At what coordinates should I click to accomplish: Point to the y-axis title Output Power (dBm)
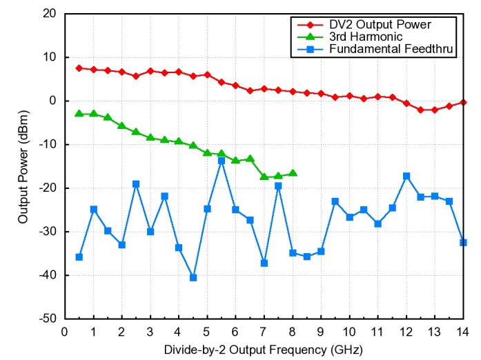(x=23, y=166)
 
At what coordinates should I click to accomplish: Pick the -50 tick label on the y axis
(x=48, y=319)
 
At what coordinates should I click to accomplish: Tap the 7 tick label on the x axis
(x=264, y=330)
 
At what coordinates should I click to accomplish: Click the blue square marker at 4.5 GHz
(x=193, y=277)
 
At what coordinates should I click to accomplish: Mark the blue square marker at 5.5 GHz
(x=222, y=161)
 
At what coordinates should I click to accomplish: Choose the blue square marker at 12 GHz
(x=406, y=176)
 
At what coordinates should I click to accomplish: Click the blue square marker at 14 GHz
(x=463, y=243)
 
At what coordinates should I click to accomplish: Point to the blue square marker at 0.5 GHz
(x=79, y=257)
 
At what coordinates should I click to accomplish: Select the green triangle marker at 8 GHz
(x=293, y=173)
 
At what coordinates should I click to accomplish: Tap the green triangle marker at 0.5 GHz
(x=79, y=113)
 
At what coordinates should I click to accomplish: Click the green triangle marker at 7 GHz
(x=264, y=177)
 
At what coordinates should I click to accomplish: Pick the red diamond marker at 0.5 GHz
(x=79, y=68)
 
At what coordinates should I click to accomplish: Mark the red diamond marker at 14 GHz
(x=463, y=102)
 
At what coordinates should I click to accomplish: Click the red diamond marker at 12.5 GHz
(x=420, y=110)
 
